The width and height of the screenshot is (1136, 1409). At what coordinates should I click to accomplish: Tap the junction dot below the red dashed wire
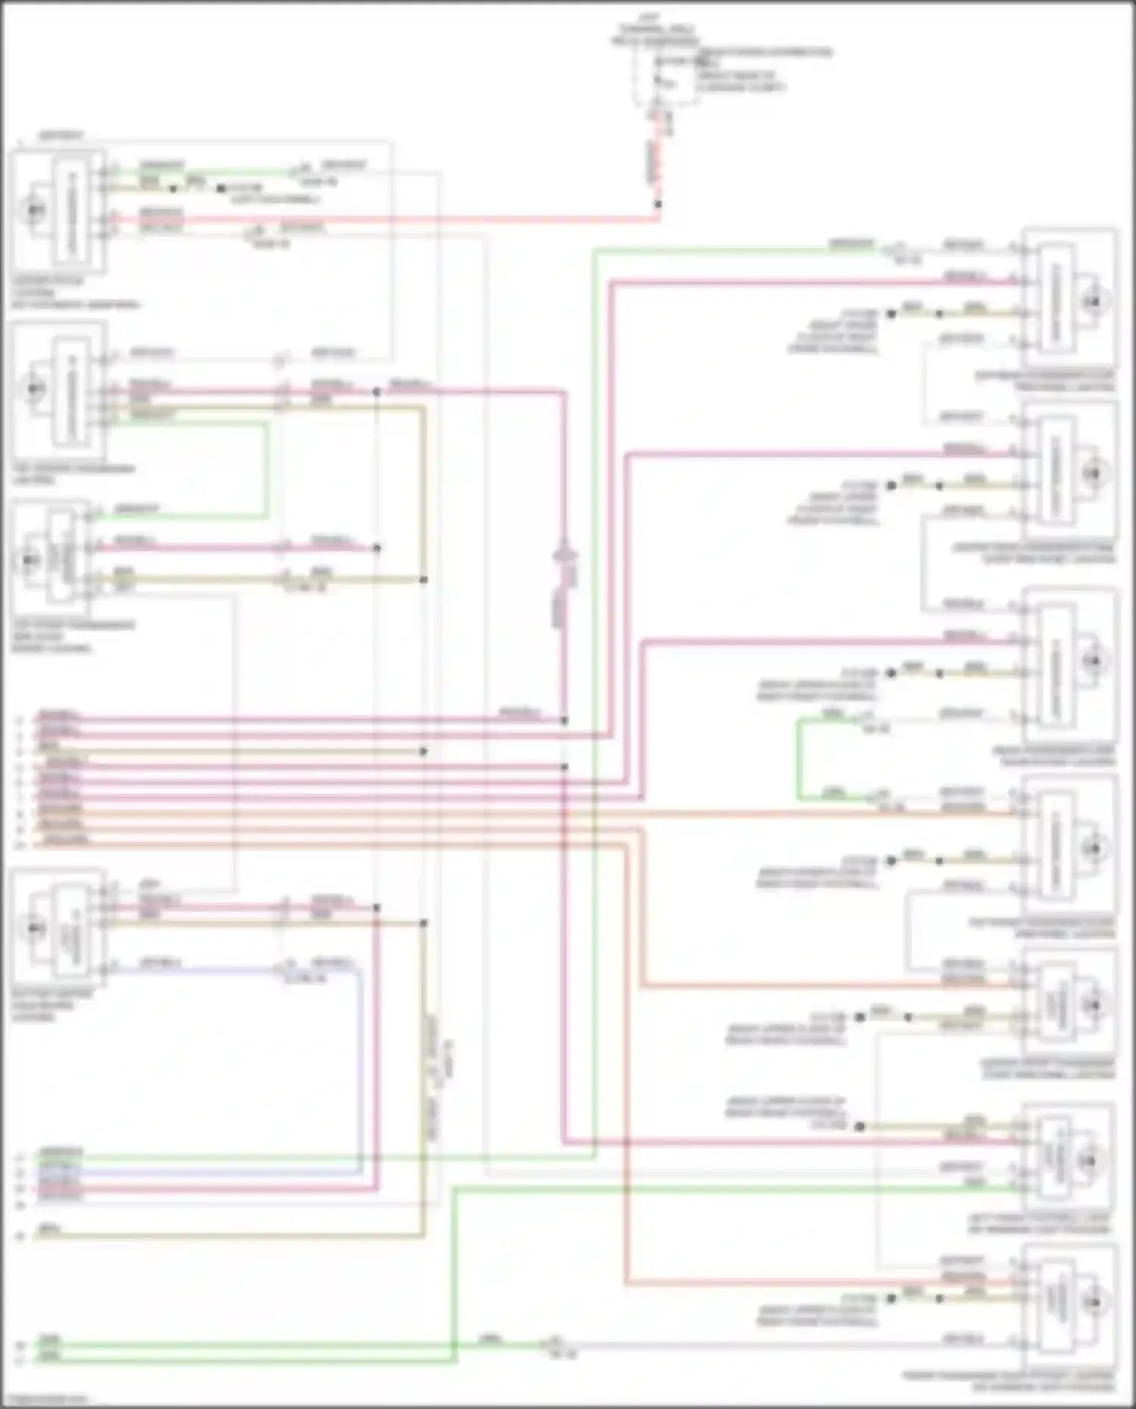[657, 204]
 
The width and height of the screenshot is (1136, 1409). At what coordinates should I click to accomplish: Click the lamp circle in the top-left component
[34, 210]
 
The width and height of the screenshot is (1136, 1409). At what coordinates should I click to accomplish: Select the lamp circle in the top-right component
[1092, 301]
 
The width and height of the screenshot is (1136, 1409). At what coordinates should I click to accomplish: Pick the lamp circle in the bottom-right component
[1092, 1302]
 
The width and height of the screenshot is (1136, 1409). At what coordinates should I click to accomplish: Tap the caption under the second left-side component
[72, 474]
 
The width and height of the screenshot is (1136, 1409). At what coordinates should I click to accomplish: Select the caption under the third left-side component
[72, 636]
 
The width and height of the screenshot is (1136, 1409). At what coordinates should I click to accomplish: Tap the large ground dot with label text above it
[860, 1127]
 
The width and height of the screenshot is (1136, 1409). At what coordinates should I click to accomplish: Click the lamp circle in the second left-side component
[34, 388]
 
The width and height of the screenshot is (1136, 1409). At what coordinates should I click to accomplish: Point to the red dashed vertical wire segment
[657, 163]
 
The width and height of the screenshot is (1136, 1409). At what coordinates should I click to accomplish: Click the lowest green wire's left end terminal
[21, 1360]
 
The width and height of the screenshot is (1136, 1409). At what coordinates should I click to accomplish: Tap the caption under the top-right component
[1045, 381]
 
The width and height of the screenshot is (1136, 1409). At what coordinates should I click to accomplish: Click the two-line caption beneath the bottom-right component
[1007, 1381]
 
